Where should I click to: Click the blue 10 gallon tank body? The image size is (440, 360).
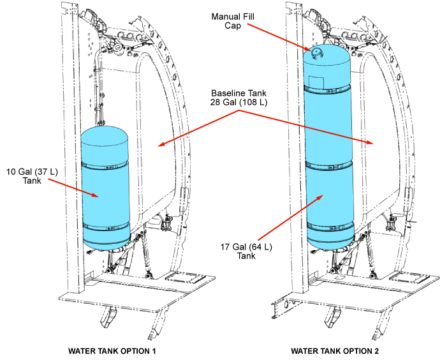(x=105, y=195)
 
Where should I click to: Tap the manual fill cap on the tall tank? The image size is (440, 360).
(x=314, y=49)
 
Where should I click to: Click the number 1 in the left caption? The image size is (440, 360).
(x=154, y=351)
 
